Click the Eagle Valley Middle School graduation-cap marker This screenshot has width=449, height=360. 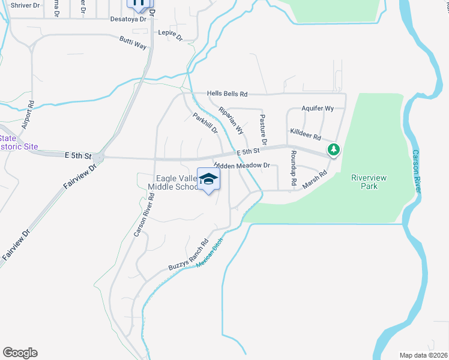click(208, 179)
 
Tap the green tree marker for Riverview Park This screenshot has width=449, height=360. click(332, 149)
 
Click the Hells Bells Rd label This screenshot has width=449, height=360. click(227, 94)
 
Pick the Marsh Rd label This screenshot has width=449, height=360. click(315, 180)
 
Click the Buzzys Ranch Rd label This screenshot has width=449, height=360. click(188, 256)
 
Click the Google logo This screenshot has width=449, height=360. click(20, 353)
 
